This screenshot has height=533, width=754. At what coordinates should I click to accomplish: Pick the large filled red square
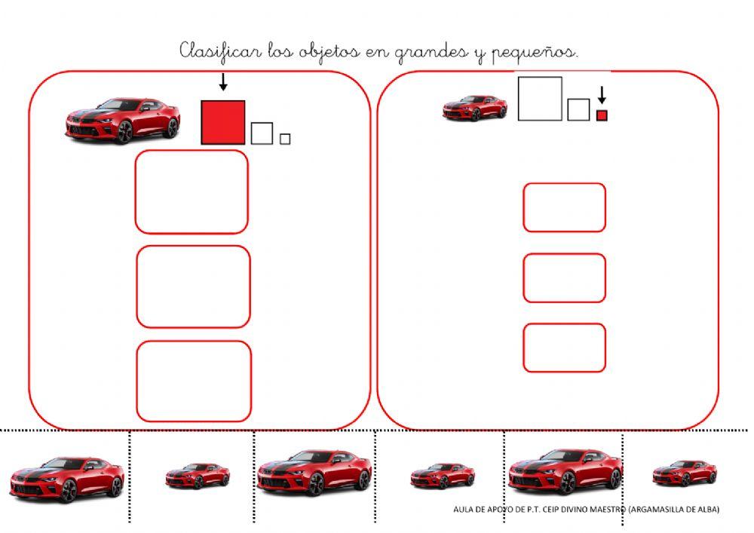pos(223,122)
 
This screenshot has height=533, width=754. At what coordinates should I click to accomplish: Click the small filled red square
pos(602,115)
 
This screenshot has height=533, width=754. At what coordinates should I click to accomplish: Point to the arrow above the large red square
pos(222,82)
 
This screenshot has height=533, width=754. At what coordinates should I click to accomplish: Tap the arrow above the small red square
pos(602,95)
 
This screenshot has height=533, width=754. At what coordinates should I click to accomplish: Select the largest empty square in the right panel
pos(540,99)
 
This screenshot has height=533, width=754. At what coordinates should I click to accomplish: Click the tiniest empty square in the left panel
pos(285,139)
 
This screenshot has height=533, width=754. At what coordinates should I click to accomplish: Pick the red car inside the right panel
pos(474,107)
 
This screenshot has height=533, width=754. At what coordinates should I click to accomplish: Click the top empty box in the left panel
pos(192,191)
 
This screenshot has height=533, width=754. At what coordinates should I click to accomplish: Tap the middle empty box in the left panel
pos(193,287)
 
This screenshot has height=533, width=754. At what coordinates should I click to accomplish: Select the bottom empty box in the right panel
pos(564,348)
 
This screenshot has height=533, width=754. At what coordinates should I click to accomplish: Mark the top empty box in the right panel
pos(564,207)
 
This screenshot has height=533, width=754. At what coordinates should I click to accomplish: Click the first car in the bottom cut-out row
pos(66,479)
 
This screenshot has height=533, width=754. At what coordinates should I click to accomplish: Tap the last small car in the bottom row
pos(685,473)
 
